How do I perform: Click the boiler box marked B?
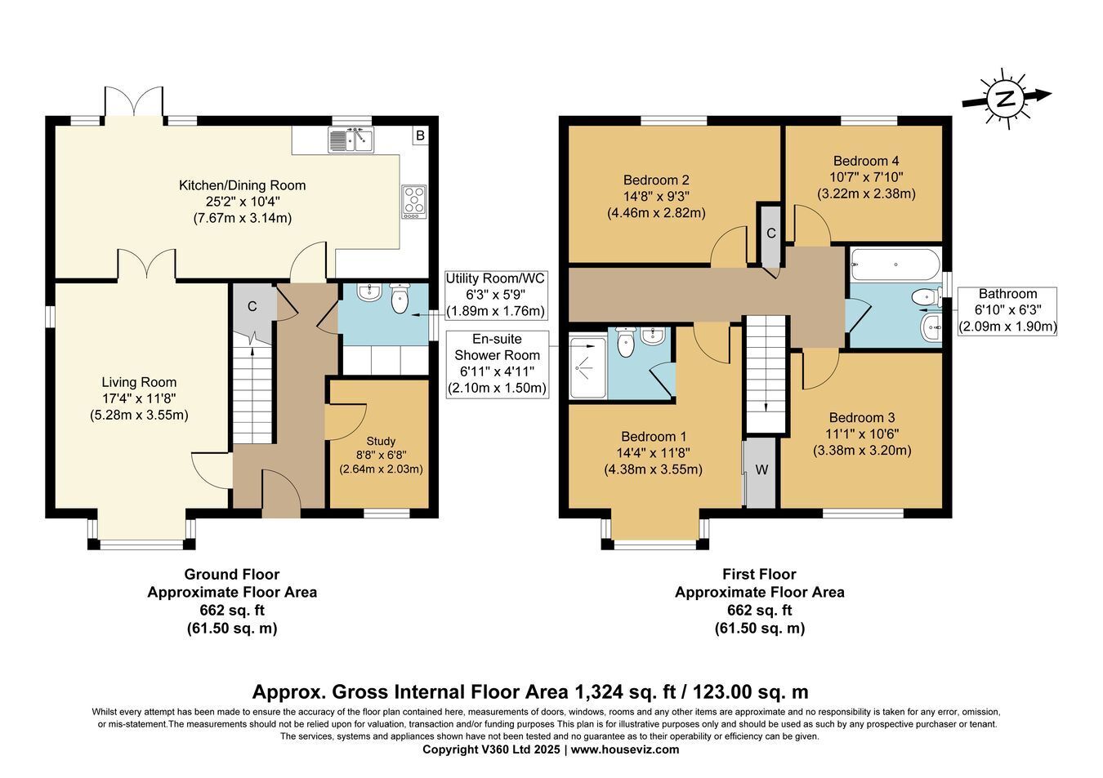coord(420,136)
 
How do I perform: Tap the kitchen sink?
coord(351,140)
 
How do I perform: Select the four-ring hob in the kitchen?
coord(414,202)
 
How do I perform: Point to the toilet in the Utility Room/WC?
coord(399,298)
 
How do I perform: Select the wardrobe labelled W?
coord(761,471)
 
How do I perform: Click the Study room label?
coord(381,442)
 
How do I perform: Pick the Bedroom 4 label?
coord(866,161)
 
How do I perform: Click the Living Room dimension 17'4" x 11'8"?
coord(139,398)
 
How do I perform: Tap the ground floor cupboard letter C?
coord(252,307)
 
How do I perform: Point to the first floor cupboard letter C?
coord(771,233)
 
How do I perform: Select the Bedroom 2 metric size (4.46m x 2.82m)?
coord(656,213)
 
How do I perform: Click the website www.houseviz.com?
coord(625,749)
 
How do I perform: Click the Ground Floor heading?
coord(232,574)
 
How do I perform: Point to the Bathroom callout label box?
coord(1007,311)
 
